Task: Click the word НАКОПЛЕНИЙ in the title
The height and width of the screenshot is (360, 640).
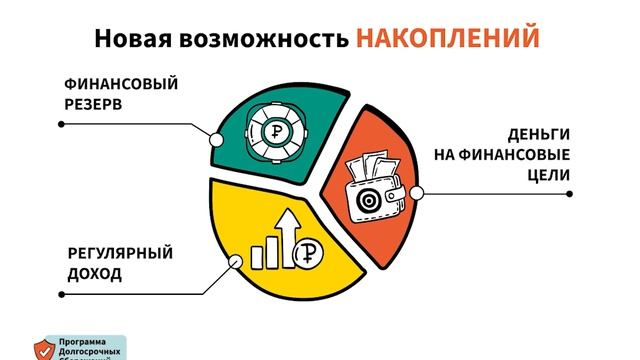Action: [x=447, y=38]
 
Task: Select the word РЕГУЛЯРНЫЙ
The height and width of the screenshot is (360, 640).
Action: [x=120, y=253]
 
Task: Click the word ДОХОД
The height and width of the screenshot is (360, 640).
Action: [x=95, y=273]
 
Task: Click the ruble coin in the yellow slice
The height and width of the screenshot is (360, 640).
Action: [x=306, y=256]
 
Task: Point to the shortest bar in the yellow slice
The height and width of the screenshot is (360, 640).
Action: [x=257, y=258]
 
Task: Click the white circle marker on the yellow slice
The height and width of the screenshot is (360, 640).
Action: [x=237, y=263]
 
